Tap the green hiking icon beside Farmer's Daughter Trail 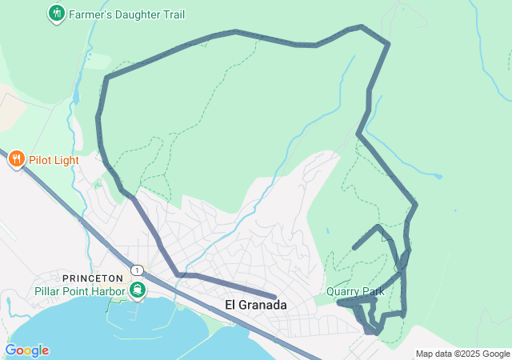click(x=56, y=13)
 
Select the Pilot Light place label click(x=54, y=160)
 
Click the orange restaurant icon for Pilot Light click(x=16, y=160)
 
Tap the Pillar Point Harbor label click(x=80, y=290)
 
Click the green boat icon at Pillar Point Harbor click(x=138, y=290)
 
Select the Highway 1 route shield click(x=138, y=270)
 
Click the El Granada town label click(x=255, y=305)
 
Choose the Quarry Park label click(x=355, y=291)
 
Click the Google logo click(x=26, y=350)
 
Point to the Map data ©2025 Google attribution click(x=462, y=354)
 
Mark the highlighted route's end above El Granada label click(x=274, y=297)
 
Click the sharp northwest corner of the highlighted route click(x=106, y=78)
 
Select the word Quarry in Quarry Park click(x=344, y=291)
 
